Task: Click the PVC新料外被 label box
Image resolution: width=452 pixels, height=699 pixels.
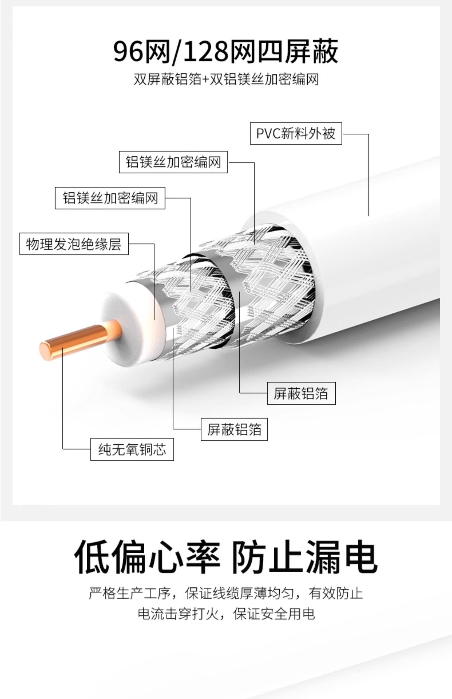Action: coord(296,133)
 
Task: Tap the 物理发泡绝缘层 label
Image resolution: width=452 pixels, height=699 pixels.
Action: coord(74,244)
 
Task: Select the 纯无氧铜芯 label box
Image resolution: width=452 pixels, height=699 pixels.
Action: coord(132,450)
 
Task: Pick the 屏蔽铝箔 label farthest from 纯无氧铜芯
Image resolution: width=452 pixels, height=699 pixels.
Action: coord(301,393)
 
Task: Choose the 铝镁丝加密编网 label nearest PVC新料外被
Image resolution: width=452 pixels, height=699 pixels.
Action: coord(173,162)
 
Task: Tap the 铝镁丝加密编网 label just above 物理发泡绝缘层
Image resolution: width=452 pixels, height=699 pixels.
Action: coord(110,198)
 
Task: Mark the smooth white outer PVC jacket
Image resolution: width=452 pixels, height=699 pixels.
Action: coord(377,271)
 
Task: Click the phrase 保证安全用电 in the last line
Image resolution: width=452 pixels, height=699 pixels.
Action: coord(274,614)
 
